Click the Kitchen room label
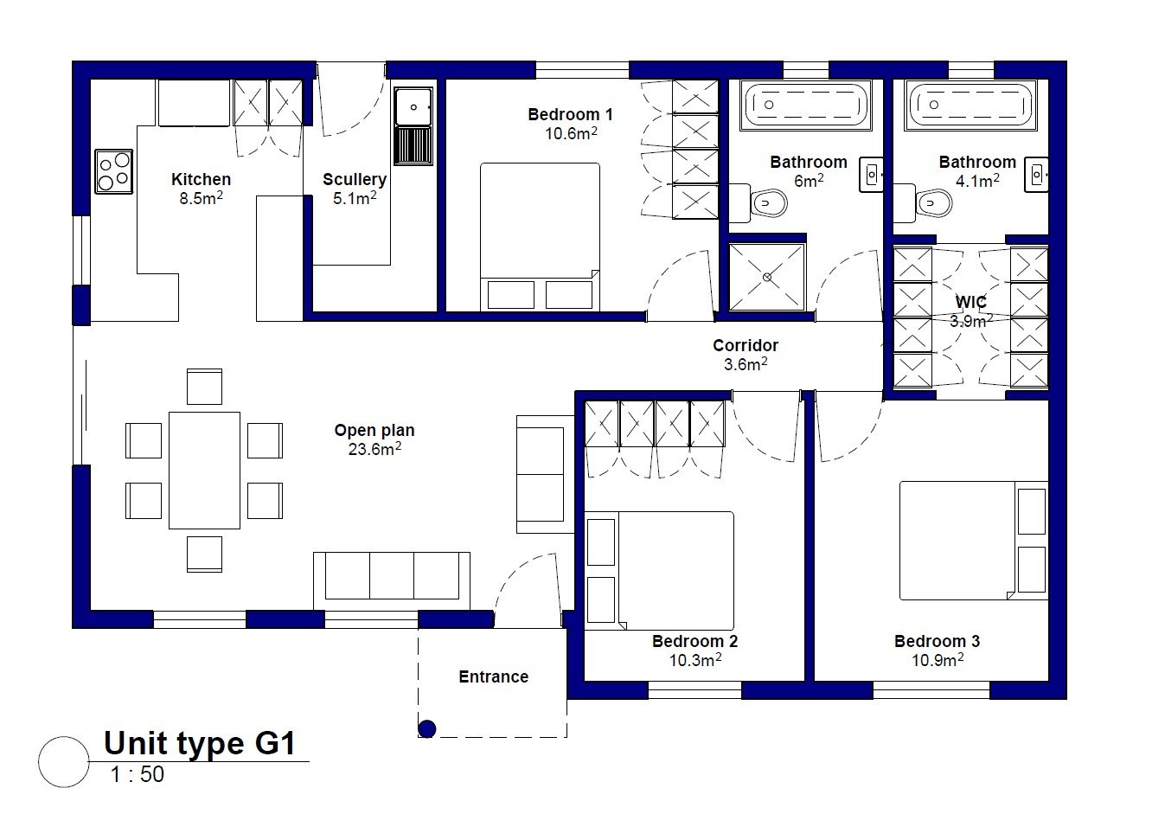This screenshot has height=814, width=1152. click(x=201, y=179)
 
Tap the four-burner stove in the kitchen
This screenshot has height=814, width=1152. click(x=113, y=171)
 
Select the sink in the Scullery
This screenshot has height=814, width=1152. click(x=413, y=126)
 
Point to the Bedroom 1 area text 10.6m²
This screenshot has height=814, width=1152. click(x=571, y=133)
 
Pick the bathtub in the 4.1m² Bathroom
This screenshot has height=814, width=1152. click(x=970, y=105)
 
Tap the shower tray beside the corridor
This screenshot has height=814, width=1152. click(x=767, y=278)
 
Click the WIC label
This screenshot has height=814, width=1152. click(x=971, y=302)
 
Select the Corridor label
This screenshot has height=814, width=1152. click(x=746, y=345)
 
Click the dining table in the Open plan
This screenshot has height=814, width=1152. click(x=204, y=470)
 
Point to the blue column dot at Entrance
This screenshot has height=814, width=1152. click(x=427, y=728)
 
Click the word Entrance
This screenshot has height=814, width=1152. click(x=493, y=676)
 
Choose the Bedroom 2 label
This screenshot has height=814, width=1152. click(x=694, y=641)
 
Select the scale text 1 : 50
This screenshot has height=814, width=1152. click(x=138, y=774)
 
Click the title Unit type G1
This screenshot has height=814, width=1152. click(x=200, y=744)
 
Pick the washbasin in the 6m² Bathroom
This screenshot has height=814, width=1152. click(x=872, y=175)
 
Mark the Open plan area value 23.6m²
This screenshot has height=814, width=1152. click(x=374, y=449)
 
